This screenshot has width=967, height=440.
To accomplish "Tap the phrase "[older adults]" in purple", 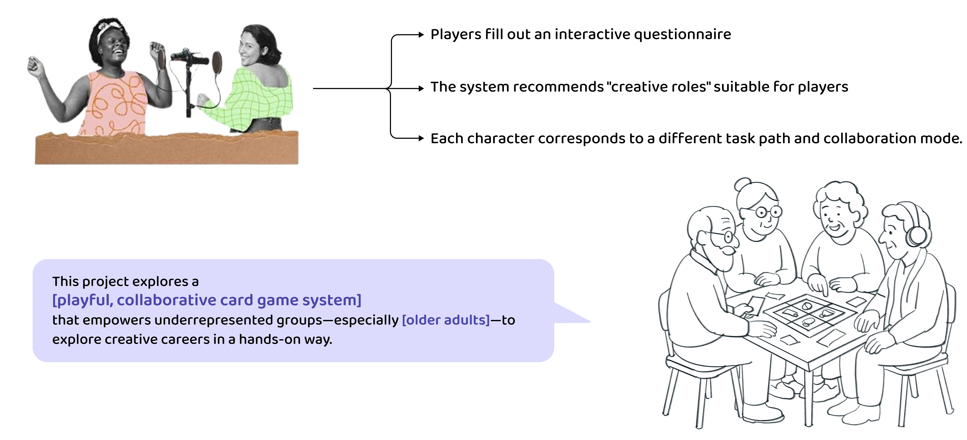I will pyautogui.click(x=446, y=320).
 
